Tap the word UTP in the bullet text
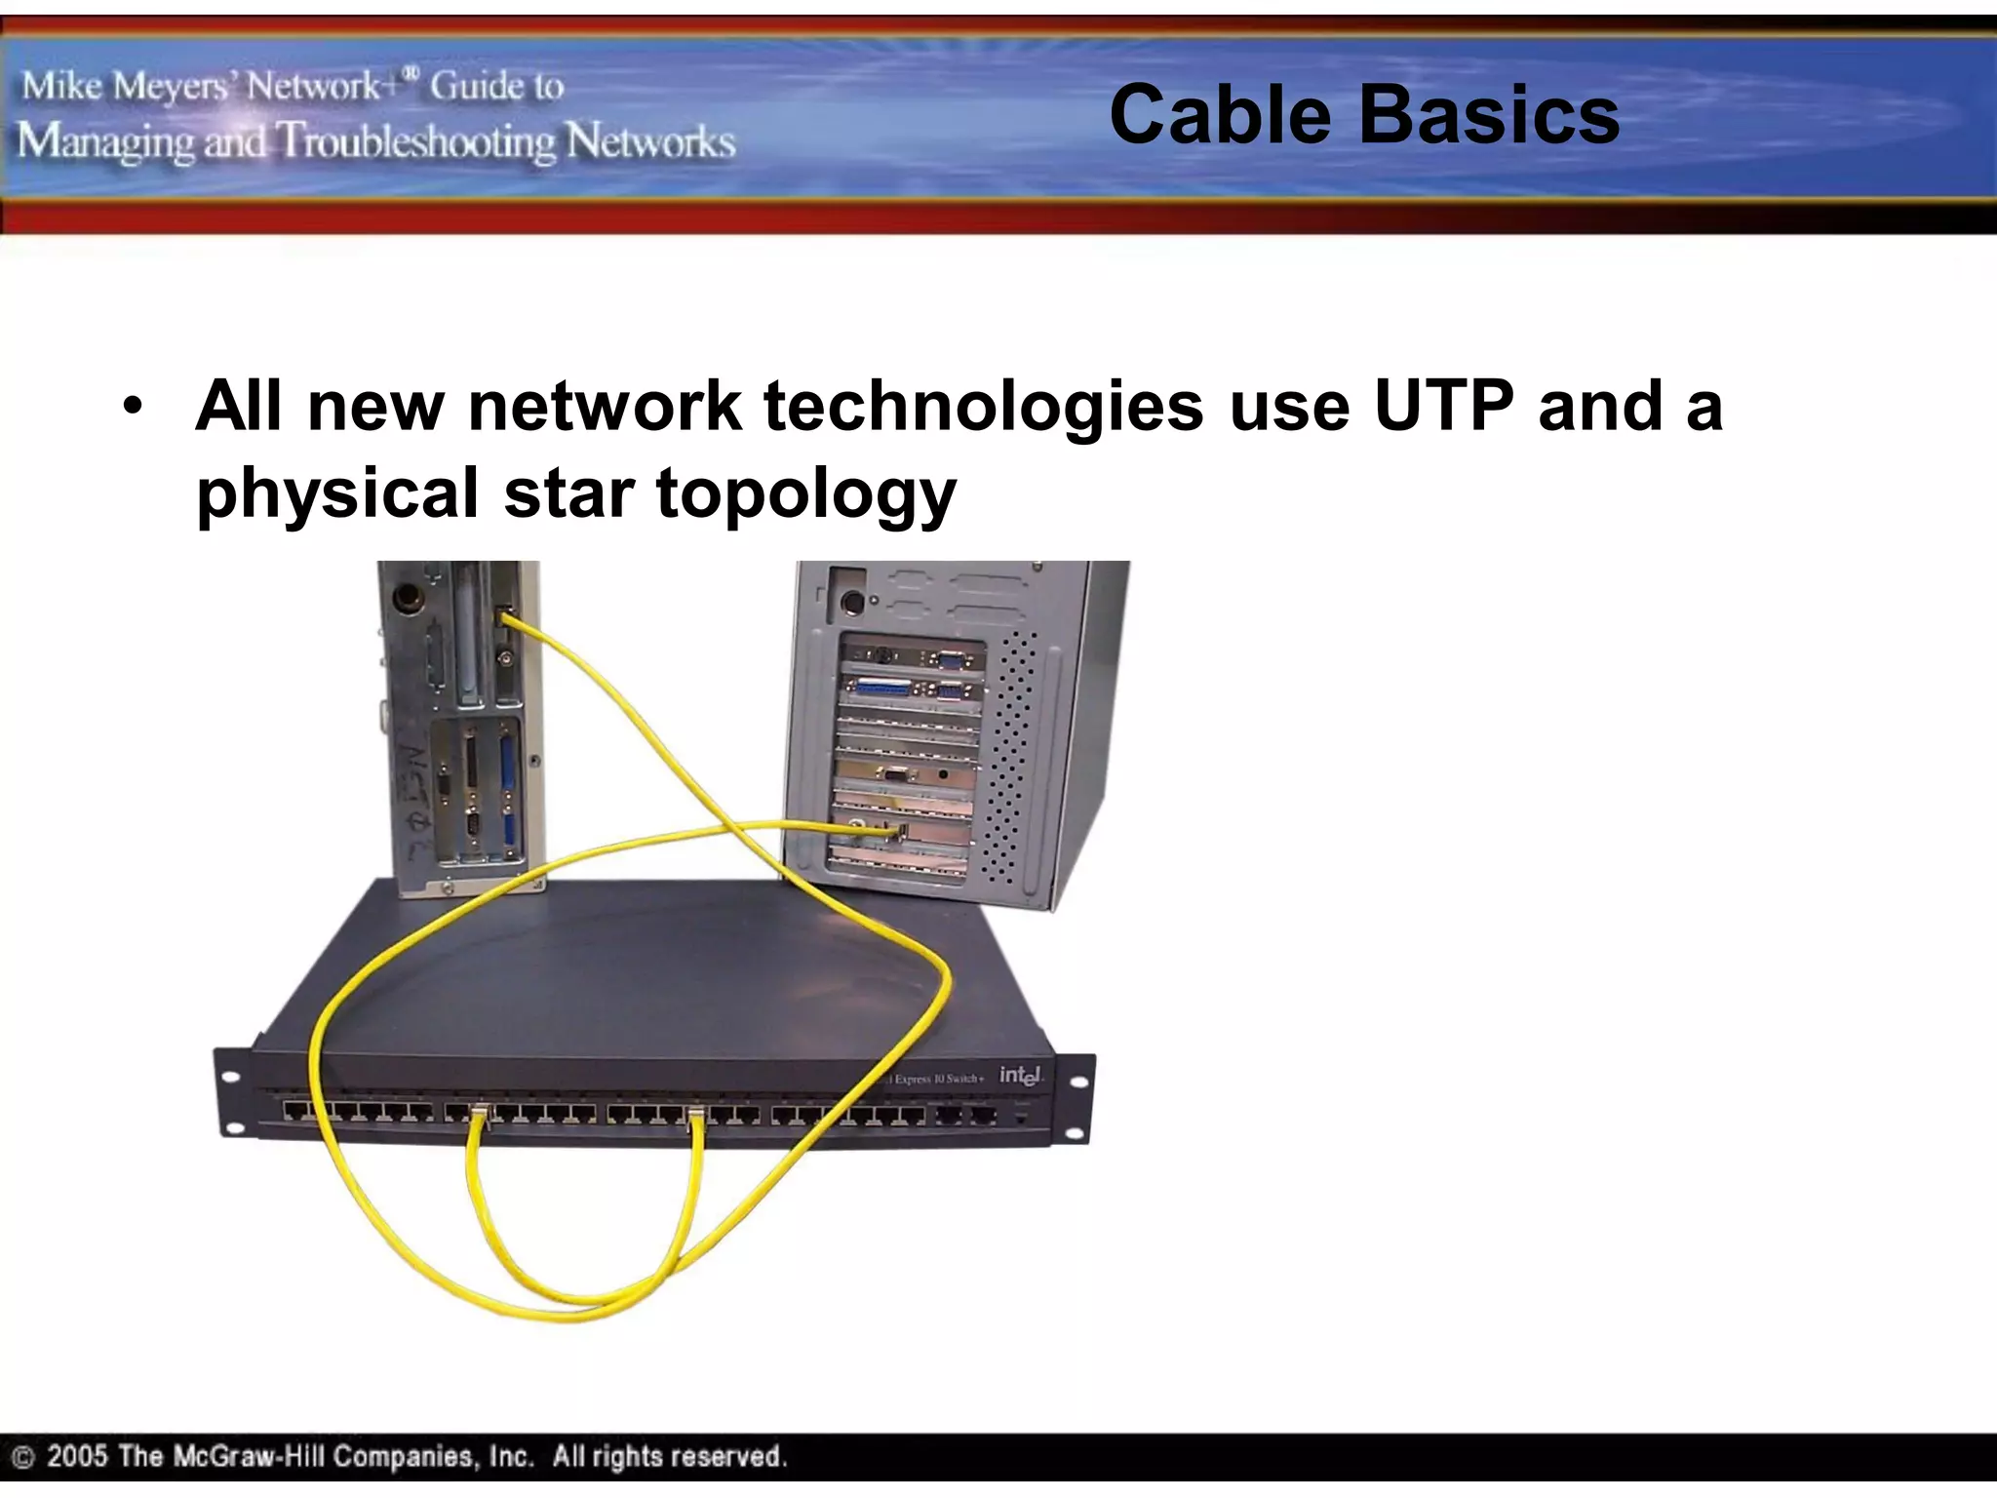(1443, 405)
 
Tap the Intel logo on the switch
(1020, 1075)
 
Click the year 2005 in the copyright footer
(77, 1457)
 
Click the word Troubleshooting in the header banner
(417, 142)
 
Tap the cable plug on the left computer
(505, 616)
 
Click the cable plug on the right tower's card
(899, 831)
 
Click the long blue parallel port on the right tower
(882, 688)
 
